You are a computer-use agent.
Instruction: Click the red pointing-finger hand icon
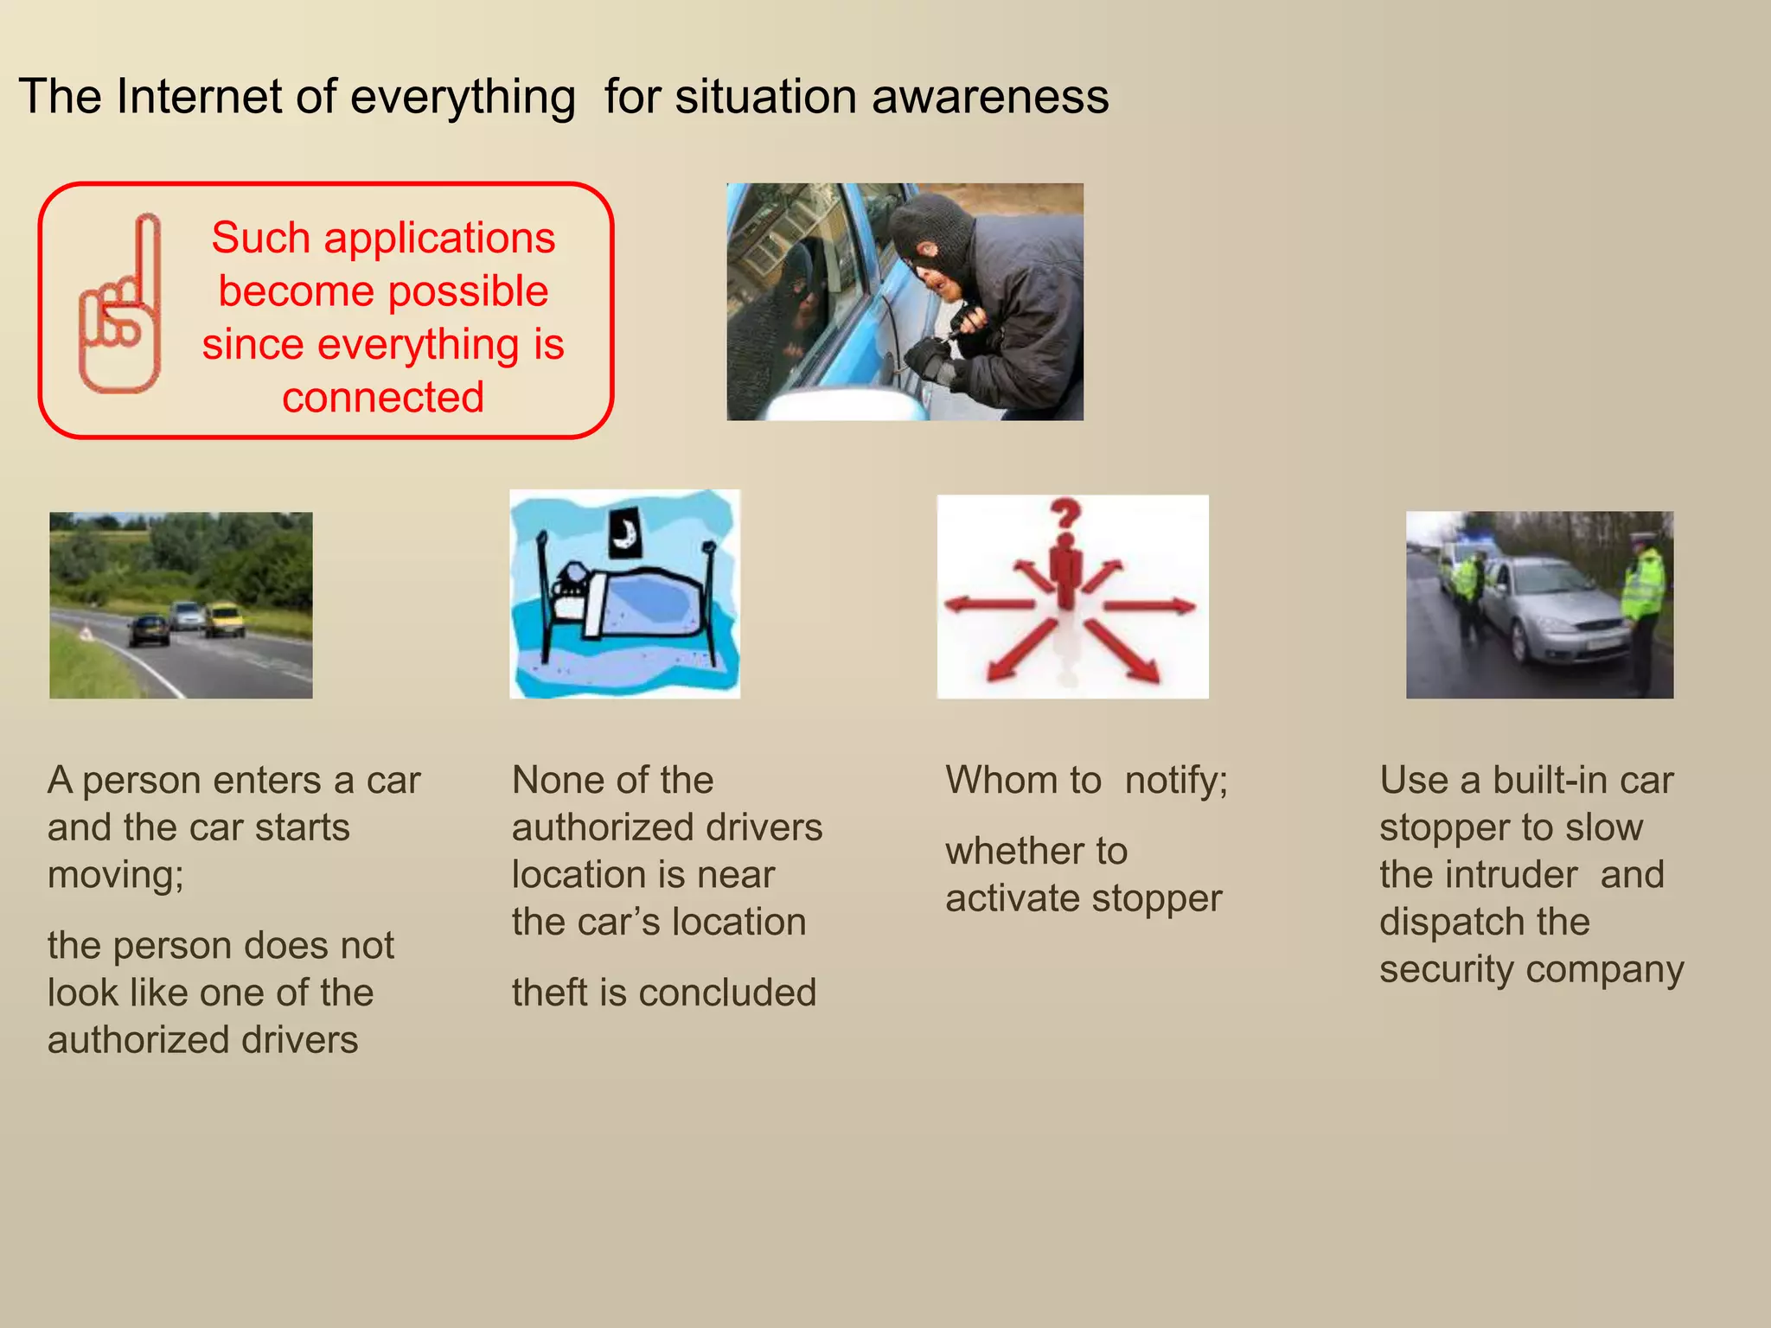click(x=121, y=307)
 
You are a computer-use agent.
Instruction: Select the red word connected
click(x=382, y=398)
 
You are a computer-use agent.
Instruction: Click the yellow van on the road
click(x=224, y=619)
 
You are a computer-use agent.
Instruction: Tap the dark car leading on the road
click(x=150, y=629)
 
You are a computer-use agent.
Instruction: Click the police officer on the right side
click(x=1643, y=605)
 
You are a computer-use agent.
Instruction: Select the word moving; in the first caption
click(x=116, y=875)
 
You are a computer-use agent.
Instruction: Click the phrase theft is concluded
click(x=663, y=993)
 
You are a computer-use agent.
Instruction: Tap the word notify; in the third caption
click(x=1176, y=781)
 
